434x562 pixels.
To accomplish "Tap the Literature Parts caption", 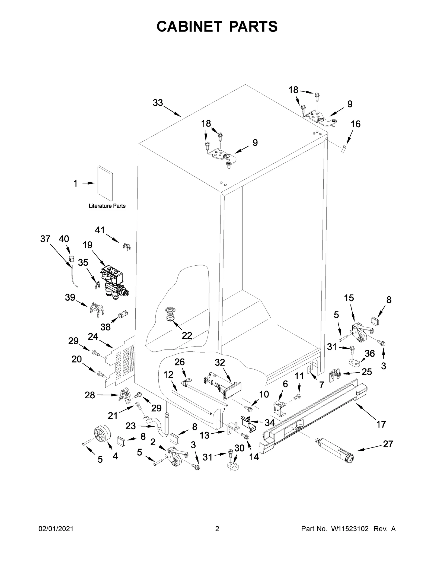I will (107, 206).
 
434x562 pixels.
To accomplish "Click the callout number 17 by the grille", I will (381, 424).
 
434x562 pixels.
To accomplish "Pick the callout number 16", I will (356, 124).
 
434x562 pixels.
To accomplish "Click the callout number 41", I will (100, 230).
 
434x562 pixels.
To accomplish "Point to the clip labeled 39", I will (97, 309).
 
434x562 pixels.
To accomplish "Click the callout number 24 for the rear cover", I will (93, 336).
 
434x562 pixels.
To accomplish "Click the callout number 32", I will (220, 362).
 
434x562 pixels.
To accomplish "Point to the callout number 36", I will (369, 353).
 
